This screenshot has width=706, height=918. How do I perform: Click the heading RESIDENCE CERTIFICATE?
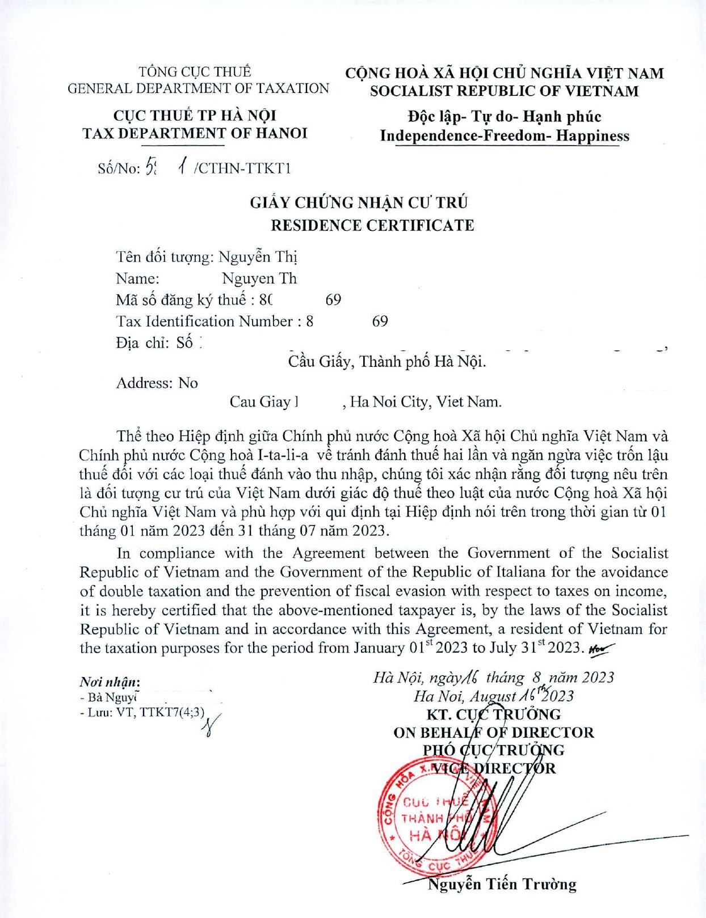point(372,226)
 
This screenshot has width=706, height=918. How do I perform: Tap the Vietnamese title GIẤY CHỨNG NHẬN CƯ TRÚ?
point(359,203)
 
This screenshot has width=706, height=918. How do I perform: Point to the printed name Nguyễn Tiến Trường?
point(502,884)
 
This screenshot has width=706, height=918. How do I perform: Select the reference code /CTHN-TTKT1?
point(242,168)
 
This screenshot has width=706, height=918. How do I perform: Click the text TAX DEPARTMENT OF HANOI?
point(195,134)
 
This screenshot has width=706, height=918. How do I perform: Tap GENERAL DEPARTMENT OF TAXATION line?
point(198,89)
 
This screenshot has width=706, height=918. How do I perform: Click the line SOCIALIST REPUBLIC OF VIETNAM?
point(504,91)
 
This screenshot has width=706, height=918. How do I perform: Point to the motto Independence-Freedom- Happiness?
point(505,136)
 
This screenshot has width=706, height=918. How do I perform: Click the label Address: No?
point(157,383)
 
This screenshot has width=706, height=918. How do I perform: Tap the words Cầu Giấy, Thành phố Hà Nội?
point(386,361)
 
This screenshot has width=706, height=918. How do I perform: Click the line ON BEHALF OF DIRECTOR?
point(493,733)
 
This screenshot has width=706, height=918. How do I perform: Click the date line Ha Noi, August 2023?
point(493,696)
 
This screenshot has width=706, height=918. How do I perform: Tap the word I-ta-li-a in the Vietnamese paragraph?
point(283,455)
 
